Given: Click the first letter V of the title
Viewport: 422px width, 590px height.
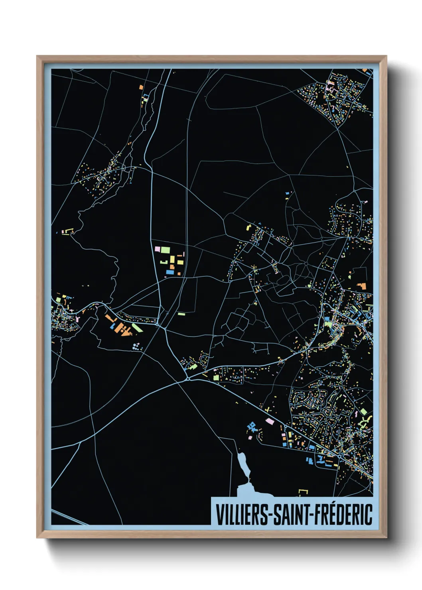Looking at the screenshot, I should pos(219,515).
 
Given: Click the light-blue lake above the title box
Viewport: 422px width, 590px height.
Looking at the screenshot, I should pos(243,465).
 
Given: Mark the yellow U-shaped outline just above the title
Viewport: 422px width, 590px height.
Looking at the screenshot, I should pos(304,492).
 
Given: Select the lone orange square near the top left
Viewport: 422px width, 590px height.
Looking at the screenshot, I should pos(140,87).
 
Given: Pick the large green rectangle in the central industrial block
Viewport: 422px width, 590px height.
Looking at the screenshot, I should pos(165,250).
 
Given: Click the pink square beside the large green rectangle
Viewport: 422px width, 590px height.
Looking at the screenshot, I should pos(157,249).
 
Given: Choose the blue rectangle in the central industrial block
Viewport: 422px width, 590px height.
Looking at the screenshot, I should pos(170,272).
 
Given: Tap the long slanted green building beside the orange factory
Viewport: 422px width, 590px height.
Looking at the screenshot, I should pos(137,328).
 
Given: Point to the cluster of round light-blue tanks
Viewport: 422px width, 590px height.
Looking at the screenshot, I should pos(137,346).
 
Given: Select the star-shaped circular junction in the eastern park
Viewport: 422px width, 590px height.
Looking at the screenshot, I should pos(306,264).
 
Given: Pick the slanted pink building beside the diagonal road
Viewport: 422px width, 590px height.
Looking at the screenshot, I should pos(270,421).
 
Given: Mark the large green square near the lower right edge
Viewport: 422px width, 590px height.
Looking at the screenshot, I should pos(364,411).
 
